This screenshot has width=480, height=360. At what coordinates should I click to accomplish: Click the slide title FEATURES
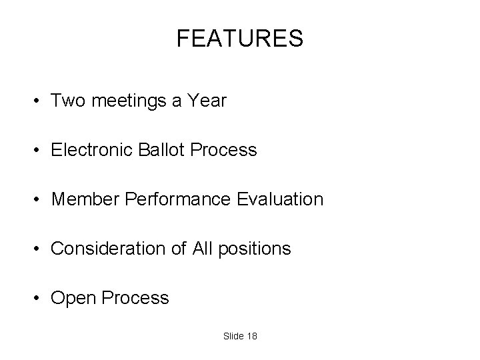click(x=240, y=39)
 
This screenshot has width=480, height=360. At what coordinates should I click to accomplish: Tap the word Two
click(x=67, y=101)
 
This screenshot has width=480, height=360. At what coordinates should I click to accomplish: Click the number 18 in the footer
click(x=251, y=336)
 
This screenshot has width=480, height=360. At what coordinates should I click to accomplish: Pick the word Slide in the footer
click(x=233, y=336)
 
